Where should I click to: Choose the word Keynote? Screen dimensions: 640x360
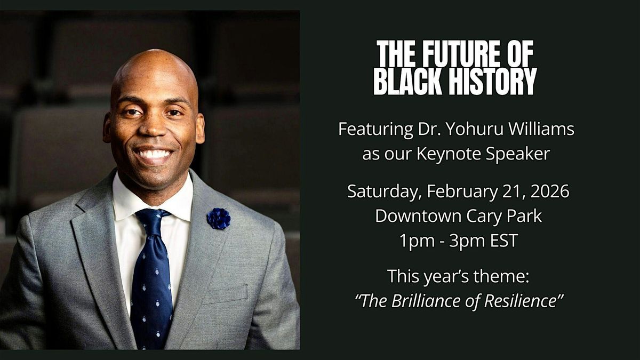pos(449,154)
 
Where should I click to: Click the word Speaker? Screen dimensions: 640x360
pos(518,154)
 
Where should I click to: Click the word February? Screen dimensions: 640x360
pos(462,191)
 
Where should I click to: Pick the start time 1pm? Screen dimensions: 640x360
pos(417,241)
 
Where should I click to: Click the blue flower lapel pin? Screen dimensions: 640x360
pos(219,219)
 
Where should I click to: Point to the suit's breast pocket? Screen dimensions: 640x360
pos(225,294)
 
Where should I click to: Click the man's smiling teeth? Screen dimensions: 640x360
pos(154,155)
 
